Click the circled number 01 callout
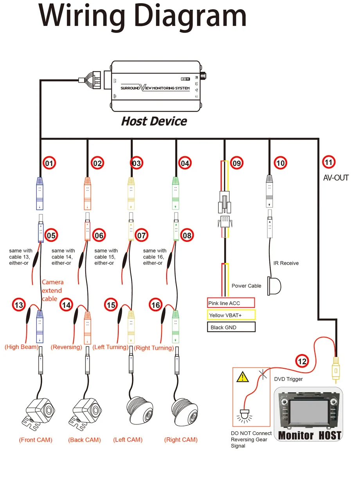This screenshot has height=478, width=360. [x=49, y=163]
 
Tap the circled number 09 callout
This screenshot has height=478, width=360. [x=237, y=163]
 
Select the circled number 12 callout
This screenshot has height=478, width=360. [x=302, y=361]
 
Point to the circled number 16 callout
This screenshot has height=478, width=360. [x=156, y=305]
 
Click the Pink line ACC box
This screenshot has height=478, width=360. [x=231, y=303]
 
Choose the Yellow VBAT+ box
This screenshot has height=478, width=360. [x=231, y=315]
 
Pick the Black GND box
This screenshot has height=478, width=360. [x=231, y=327]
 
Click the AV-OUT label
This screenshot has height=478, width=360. [x=336, y=178]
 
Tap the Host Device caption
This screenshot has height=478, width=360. [x=154, y=121]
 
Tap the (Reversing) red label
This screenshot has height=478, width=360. [x=66, y=347]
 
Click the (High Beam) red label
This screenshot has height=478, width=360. [x=22, y=347]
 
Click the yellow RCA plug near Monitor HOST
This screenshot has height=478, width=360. [x=336, y=367]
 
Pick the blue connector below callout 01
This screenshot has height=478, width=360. [x=40, y=193]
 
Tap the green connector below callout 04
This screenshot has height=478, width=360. [x=176, y=193]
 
